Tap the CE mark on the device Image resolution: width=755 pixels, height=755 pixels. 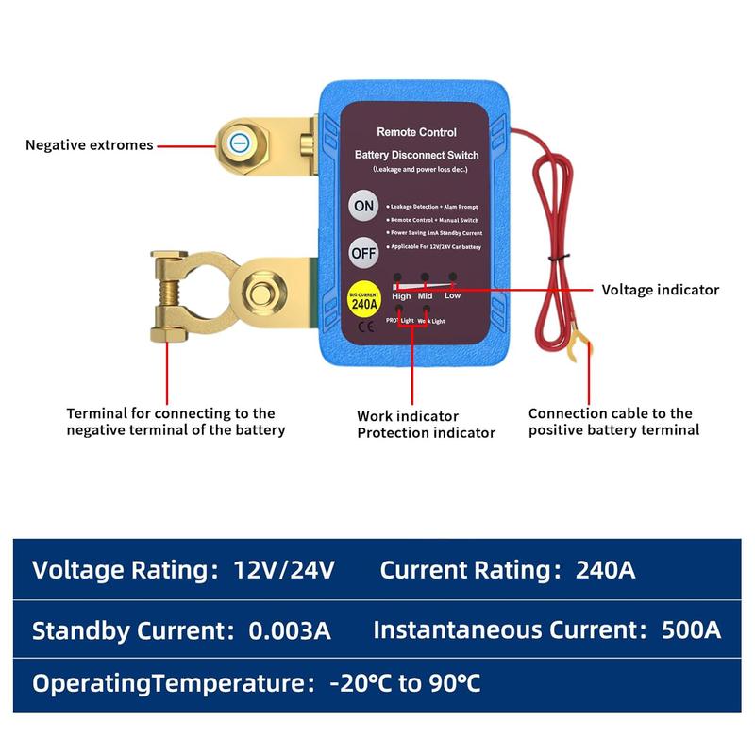click(363, 329)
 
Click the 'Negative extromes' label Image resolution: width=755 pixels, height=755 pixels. click(90, 145)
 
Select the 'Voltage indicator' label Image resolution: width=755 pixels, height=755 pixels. click(660, 290)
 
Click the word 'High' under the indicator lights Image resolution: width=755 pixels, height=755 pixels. click(401, 295)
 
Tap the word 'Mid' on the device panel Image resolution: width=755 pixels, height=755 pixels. click(427, 295)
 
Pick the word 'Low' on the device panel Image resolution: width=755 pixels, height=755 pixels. click(453, 295)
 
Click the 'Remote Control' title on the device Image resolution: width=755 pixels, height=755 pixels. click(416, 133)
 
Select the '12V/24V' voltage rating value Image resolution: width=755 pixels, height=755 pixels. click(284, 570)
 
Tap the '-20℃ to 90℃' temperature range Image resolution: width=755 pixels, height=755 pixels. click(405, 682)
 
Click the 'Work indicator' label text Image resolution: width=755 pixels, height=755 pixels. click(408, 415)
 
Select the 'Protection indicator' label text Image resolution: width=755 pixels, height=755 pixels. click(426, 432)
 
